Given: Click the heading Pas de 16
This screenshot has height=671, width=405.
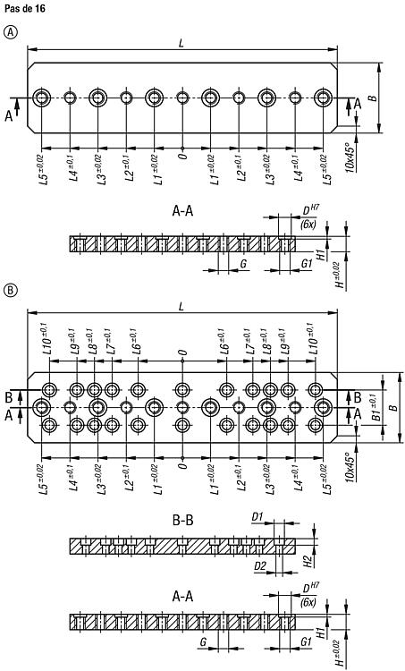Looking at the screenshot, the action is [25, 9].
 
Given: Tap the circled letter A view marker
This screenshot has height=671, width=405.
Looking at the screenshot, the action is [10, 31].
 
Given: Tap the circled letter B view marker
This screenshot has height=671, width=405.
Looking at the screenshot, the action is [10, 292].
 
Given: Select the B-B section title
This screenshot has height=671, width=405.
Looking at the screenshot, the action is [182, 521].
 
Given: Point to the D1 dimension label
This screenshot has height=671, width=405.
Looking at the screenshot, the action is [257, 517].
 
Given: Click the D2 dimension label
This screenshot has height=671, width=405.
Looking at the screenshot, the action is [260, 566].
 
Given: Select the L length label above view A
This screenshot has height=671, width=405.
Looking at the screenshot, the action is [181, 43].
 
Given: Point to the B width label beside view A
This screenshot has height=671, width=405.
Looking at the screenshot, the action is [373, 98].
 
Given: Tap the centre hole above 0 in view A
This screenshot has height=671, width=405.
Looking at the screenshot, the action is [182, 98].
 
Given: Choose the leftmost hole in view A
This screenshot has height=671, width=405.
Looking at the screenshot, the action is [41, 98].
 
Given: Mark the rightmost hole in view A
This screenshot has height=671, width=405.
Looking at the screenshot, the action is [324, 98].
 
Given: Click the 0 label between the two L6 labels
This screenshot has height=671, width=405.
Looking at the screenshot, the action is [182, 352].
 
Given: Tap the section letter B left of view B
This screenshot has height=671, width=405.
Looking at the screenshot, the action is [9, 397].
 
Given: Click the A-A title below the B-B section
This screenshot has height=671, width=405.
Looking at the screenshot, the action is [182, 596].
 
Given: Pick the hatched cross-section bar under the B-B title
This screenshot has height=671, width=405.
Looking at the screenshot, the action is [182, 546].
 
